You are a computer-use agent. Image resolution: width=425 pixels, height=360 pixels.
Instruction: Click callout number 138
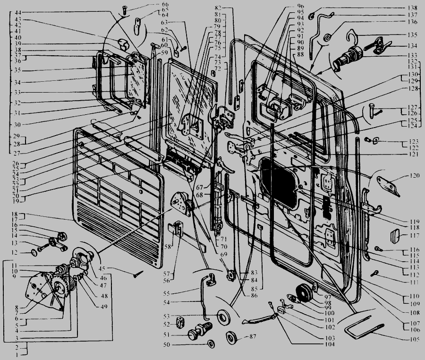click(412, 8)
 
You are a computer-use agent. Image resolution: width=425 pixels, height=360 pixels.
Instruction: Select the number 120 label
click(414, 176)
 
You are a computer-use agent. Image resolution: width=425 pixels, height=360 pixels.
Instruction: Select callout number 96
click(287, 6)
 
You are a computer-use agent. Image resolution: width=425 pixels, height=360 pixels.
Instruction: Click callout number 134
click(412, 46)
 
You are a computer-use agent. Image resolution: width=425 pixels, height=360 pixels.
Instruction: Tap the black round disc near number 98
click(303, 292)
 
